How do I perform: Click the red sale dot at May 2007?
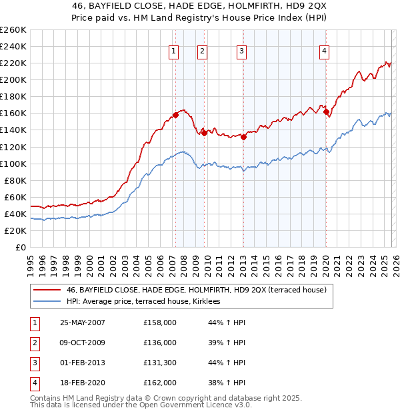coord(176,115)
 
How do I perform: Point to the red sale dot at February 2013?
coord(243,138)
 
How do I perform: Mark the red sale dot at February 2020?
coord(326,112)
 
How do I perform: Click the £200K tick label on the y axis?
coord(13,79)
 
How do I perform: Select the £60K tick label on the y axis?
coord(15,197)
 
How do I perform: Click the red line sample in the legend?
coord(47,290)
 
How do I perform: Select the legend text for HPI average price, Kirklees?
coord(148,302)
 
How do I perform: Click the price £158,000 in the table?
coord(160,323)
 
